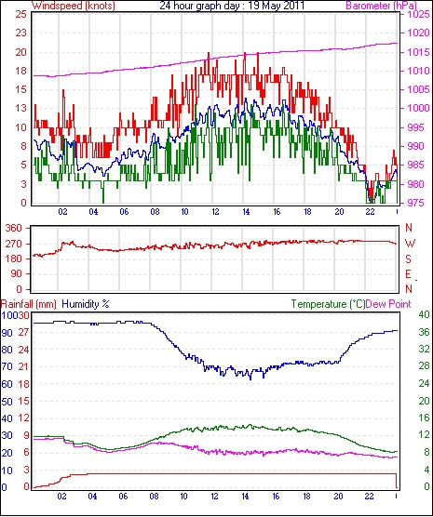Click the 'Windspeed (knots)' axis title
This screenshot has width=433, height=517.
[74, 6]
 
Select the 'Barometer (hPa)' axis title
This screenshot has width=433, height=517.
[381, 6]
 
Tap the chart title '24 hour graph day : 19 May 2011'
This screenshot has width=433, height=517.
[232, 6]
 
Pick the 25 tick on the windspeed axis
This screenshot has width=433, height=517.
[21, 14]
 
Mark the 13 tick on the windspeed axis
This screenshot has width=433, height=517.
[21, 108]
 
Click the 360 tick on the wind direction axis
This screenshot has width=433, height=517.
[14, 228]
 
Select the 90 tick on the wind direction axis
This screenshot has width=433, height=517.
[17, 274]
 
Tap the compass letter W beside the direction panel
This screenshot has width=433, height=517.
[410, 244]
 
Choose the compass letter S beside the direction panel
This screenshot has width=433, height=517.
[409, 259]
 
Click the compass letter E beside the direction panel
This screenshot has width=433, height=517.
[409, 274]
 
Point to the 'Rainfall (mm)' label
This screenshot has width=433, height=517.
[29, 304]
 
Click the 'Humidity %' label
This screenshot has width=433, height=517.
[86, 304]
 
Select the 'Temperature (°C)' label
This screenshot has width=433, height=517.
[328, 304]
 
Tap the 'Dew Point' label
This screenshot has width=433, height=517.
[388, 304]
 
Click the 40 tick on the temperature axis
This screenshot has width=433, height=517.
[424, 314]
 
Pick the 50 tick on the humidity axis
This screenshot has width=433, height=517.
[7, 402]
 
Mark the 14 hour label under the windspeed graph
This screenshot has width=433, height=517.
[246, 212]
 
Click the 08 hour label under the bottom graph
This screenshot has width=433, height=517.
[154, 497]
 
